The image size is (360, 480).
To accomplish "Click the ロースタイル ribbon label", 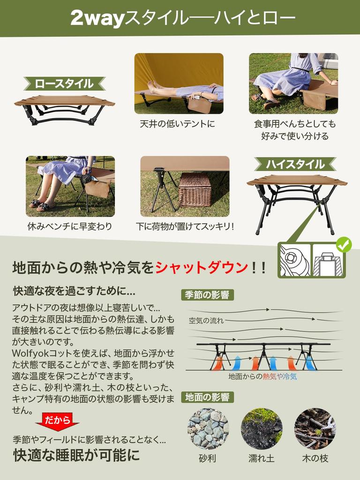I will (64, 84).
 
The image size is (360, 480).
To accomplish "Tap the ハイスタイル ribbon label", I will (295, 165).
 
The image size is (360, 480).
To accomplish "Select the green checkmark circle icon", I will (345, 244).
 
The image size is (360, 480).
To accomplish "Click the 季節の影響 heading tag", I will (207, 295).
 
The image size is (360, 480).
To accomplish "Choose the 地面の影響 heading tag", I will (207, 397).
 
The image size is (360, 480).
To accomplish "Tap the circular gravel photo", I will (208, 428).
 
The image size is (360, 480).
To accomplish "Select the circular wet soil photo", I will (261, 428).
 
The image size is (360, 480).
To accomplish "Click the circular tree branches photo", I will (315, 428).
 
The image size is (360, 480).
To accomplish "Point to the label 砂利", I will (208, 458).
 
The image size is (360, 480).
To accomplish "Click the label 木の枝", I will (315, 458).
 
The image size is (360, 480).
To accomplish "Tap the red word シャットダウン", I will (201, 268).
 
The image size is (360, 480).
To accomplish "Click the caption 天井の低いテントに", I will (178, 125).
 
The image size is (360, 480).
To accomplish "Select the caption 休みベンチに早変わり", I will (70, 227).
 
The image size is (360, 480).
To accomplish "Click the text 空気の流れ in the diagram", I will (206, 321).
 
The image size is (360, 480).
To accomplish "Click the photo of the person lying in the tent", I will (179, 83).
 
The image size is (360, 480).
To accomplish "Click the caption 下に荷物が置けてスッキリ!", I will (185, 227).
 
